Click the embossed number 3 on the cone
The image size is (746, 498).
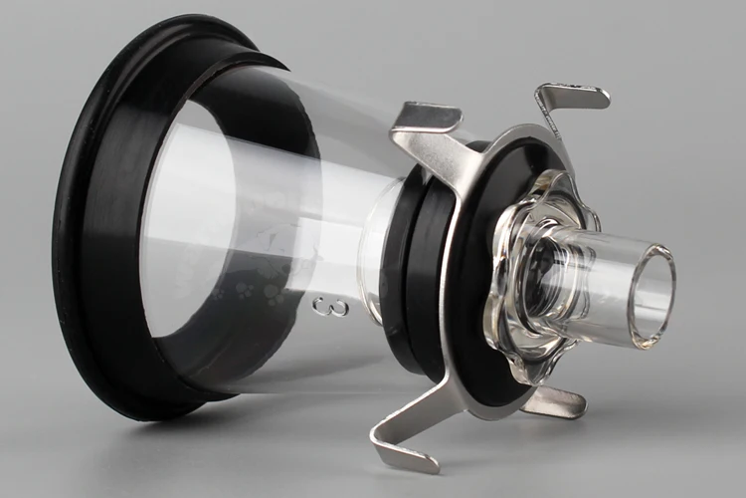[331, 308]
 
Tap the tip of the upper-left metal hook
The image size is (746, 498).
[461, 112]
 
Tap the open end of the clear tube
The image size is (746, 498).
[653, 295]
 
